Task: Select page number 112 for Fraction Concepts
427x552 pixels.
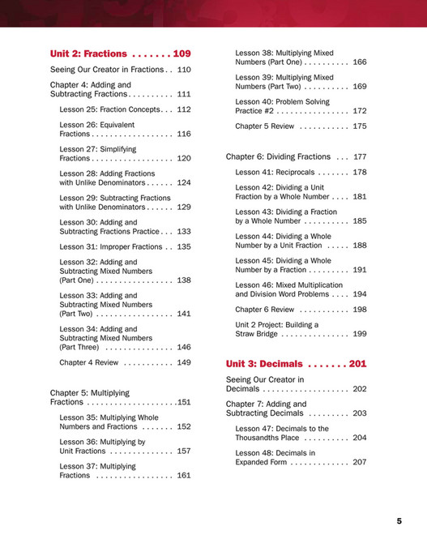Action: tap(184, 109)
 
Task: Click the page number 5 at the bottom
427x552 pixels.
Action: tap(399, 521)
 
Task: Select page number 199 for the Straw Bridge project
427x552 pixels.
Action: tap(360, 333)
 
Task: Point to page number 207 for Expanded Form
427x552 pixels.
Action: tap(360, 462)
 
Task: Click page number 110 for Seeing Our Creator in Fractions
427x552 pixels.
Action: tap(184, 70)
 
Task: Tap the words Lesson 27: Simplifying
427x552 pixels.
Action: tap(98, 149)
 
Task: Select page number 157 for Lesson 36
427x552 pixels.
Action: tap(184, 451)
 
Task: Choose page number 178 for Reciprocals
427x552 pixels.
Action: tap(360, 172)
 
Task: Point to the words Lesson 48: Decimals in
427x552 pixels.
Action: tap(275, 453)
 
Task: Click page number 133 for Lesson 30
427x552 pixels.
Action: tap(184, 231)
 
